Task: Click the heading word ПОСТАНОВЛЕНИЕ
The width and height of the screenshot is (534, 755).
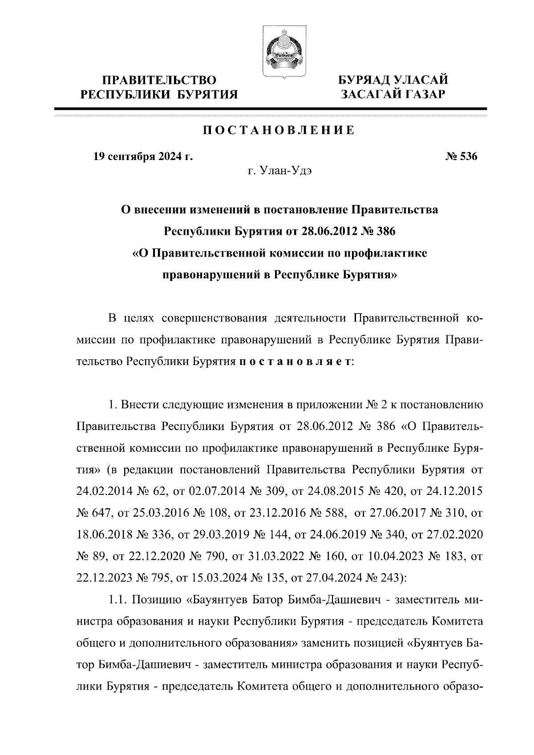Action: click(279, 130)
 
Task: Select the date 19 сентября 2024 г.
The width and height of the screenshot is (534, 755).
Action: click(143, 157)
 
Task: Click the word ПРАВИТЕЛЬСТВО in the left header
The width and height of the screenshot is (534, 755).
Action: click(160, 80)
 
